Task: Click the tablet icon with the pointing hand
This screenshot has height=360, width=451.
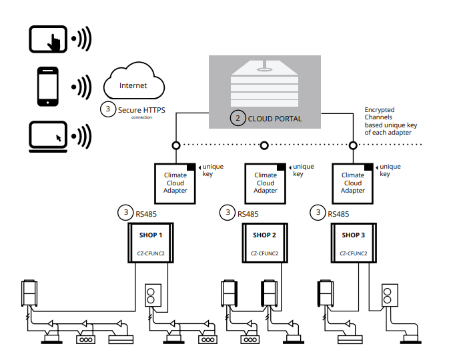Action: coord(49,38)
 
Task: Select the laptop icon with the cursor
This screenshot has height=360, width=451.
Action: coord(49,135)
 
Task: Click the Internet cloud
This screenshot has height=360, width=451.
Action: coord(133,85)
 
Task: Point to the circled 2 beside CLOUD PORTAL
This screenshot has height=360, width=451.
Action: coord(237,119)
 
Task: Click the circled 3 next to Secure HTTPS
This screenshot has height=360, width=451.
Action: coord(108,110)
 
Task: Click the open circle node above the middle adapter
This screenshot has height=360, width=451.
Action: coord(265,145)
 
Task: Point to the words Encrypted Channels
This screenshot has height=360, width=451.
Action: coord(380,113)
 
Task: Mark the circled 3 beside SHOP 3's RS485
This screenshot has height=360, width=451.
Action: coord(316,213)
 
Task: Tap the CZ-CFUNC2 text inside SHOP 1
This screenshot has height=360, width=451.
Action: coord(151,254)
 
